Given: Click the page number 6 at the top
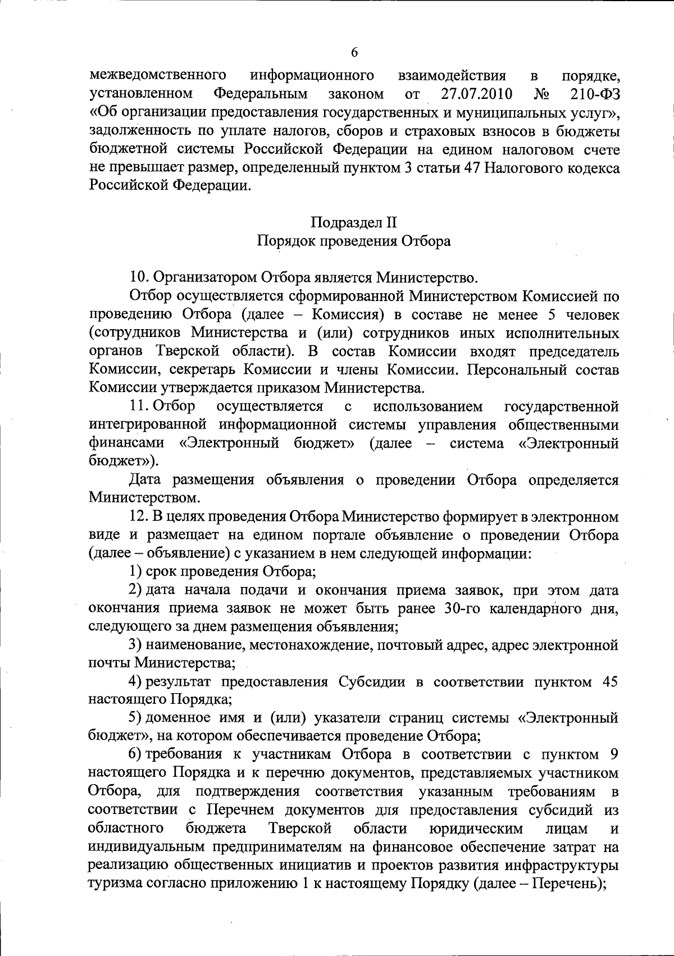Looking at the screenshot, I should click(354, 53).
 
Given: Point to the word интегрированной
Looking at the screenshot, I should click(149, 425).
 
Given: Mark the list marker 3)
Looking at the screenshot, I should click(136, 645).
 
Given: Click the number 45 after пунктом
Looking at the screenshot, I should click(609, 682).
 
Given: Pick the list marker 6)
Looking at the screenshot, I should click(136, 755).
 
